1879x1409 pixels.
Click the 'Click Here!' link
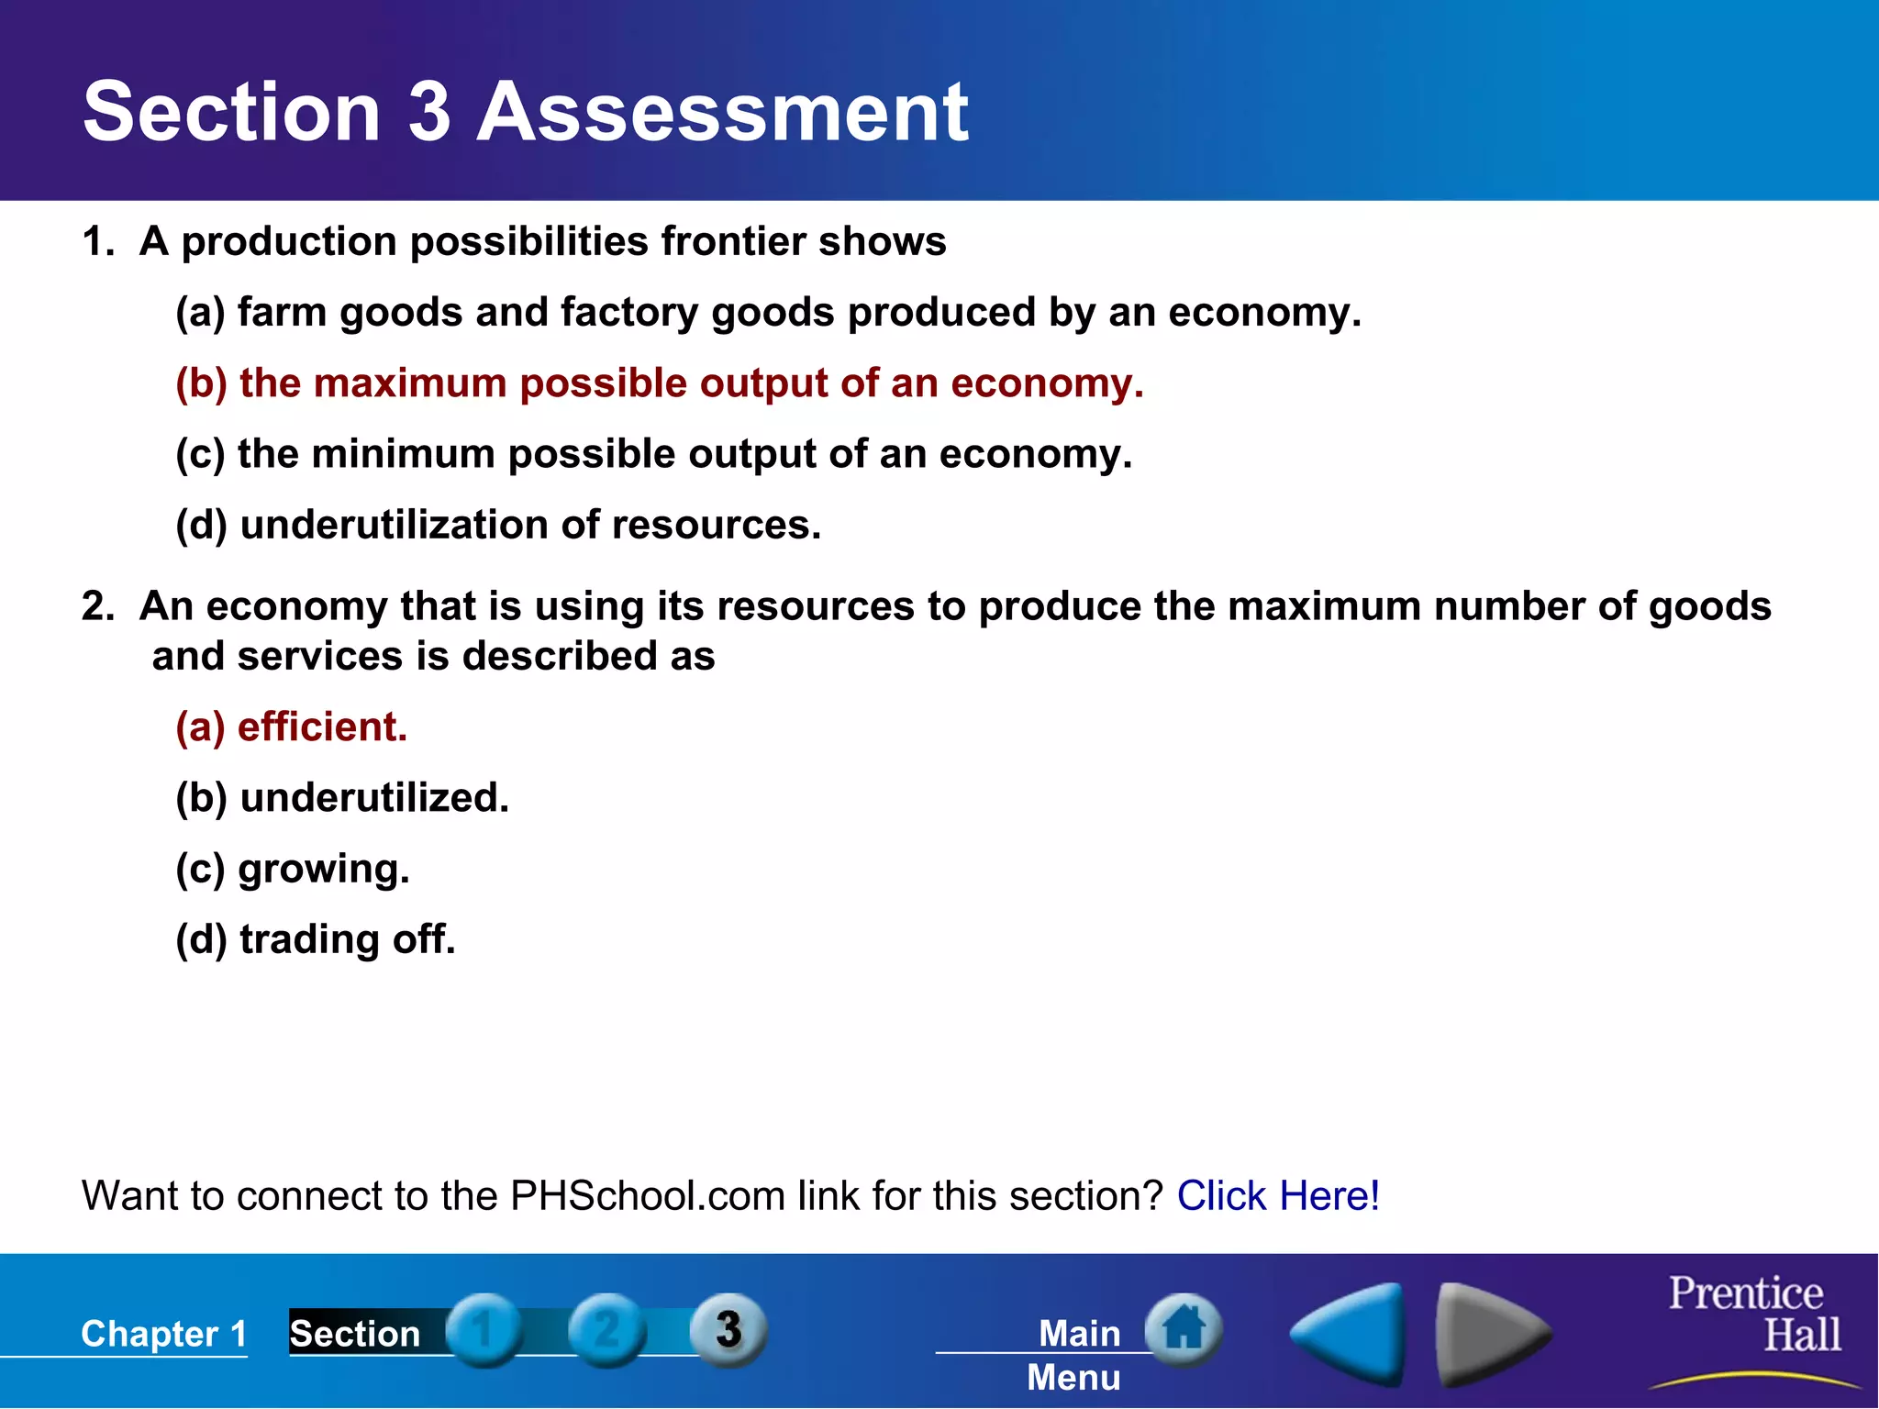1277,1196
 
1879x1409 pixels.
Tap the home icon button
1184,1329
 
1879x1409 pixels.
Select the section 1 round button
484,1329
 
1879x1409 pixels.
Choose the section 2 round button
606,1329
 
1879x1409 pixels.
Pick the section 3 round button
728,1329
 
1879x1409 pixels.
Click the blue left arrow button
1350,1334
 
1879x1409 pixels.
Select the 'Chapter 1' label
164,1334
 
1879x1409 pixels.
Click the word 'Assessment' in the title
722,112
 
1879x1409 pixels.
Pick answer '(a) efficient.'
291,727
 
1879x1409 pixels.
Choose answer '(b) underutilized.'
341,798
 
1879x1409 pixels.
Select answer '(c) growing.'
292,869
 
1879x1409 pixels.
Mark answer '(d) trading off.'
315,939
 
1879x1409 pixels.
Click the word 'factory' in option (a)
629,313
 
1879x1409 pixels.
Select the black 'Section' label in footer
355,1334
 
